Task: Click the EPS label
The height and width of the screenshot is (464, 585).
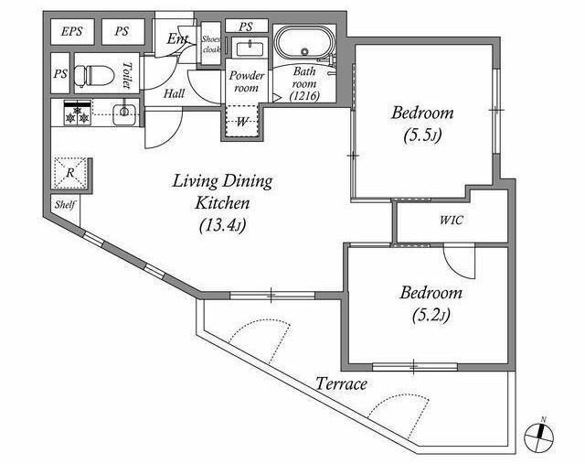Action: tap(71, 31)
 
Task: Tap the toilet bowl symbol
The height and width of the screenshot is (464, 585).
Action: tap(94, 75)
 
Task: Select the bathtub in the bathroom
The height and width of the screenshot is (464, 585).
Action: tap(304, 43)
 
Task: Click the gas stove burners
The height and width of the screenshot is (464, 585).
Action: tap(78, 113)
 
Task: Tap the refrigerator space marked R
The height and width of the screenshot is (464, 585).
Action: tap(70, 173)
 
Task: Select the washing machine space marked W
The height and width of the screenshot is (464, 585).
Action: tap(242, 122)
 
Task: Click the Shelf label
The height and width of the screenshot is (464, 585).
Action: tap(65, 205)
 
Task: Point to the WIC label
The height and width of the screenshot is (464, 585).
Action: tap(451, 220)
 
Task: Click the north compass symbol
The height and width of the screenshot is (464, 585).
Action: tap(538, 436)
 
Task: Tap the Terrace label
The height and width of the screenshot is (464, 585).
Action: tap(341, 384)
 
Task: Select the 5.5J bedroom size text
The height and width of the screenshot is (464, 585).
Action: tap(422, 136)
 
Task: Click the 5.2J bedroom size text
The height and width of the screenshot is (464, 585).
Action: tap(431, 316)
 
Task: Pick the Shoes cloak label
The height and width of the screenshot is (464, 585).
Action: tap(211, 44)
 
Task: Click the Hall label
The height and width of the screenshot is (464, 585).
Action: tap(175, 93)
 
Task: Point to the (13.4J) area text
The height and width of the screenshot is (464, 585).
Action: tap(222, 226)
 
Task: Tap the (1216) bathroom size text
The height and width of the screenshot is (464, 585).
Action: tap(304, 96)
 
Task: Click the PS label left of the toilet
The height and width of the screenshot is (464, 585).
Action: tap(60, 73)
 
